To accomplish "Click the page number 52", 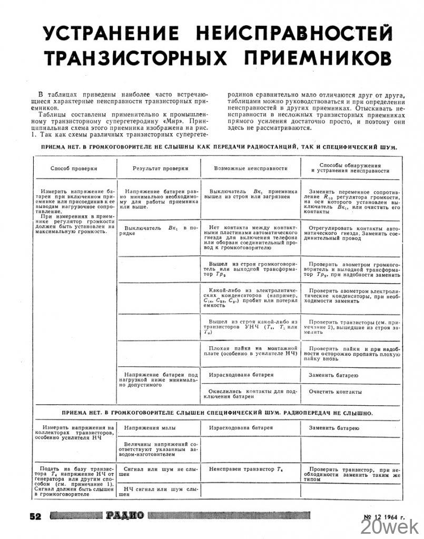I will [x=35, y=516].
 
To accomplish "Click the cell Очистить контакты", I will [x=335, y=392].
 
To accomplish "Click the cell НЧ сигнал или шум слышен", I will [x=159, y=492].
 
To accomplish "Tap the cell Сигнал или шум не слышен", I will [x=159, y=471].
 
